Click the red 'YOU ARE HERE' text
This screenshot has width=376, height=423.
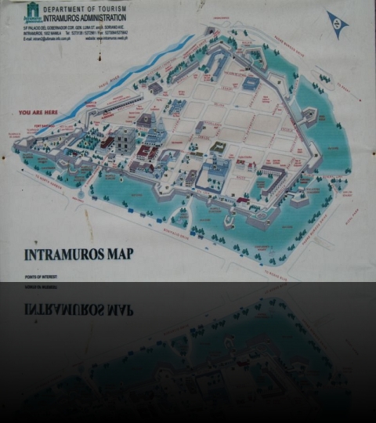pyautogui.click(x=37, y=112)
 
